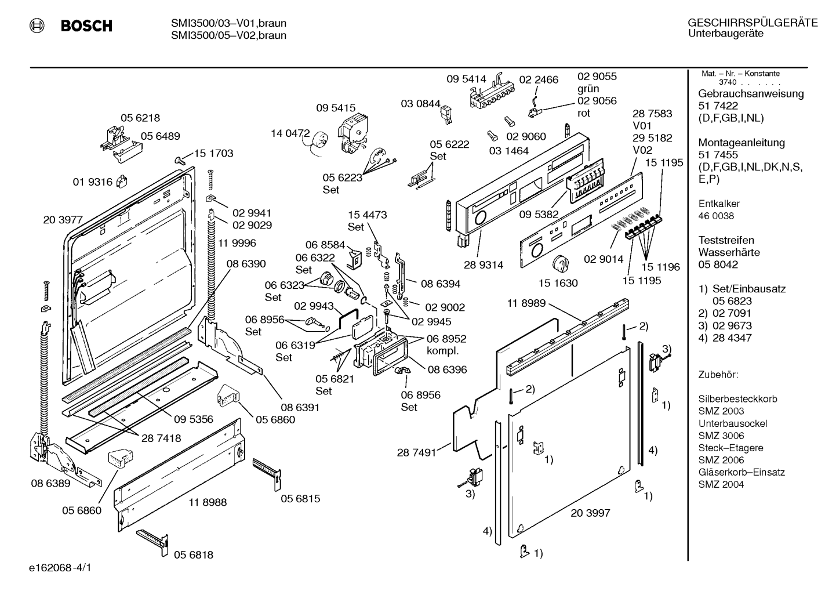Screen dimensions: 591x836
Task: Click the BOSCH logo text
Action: click(x=86, y=26)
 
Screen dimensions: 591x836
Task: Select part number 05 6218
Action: click(x=140, y=118)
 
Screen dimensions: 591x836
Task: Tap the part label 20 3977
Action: click(x=63, y=220)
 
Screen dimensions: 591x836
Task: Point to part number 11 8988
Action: click(x=208, y=502)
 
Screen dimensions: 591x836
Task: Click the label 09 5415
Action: click(x=336, y=108)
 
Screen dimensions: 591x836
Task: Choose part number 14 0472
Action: click(x=290, y=133)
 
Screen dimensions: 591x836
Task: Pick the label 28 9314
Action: click(x=484, y=264)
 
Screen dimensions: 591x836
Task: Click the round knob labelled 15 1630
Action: click(x=561, y=264)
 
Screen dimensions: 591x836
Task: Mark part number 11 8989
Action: click(x=526, y=303)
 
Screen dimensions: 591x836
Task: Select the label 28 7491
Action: click(x=416, y=452)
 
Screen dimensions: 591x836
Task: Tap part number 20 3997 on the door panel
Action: click(x=590, y=513)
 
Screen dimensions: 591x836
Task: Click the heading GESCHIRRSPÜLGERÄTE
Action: click(x=753, y=23)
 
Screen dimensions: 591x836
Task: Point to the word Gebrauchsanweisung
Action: click(x=751, y=93)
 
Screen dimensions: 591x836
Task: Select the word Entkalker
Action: click(x=719, y=204)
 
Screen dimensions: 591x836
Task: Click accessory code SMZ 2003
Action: click(x=721, y=411)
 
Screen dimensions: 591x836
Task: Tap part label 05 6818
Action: click(x=194, y=554)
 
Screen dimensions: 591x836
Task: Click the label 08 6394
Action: click(x=441, y=284)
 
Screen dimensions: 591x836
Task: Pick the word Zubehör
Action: click(x=718, y=375)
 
